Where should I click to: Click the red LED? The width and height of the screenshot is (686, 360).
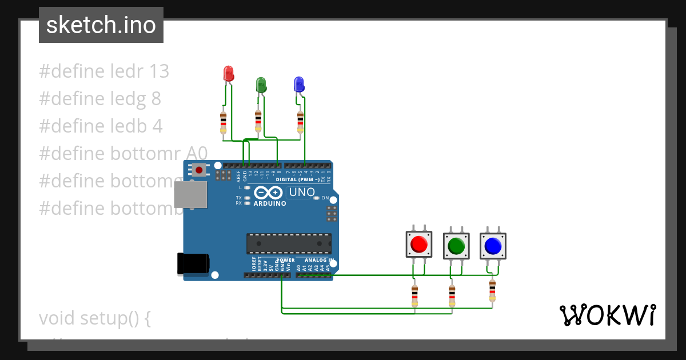click(228, 74)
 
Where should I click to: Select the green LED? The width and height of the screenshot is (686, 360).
click(261, 85)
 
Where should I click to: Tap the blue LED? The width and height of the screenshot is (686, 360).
click(298, 85)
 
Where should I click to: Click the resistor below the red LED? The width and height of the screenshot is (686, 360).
click(223, 123)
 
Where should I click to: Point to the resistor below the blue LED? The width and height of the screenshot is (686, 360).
click(301, 122)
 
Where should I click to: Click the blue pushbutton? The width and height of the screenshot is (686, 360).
click(492, 246)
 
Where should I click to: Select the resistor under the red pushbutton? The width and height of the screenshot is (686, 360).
click(414, 296)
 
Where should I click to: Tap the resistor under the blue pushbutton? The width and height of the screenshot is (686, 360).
click(492, 290)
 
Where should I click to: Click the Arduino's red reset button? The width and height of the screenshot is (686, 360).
click(199, 170)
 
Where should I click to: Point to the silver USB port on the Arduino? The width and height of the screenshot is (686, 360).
click(190, 194)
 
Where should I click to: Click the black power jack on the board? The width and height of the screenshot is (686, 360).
click(193, 263)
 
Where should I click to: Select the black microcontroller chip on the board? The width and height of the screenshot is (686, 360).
click(289, 243)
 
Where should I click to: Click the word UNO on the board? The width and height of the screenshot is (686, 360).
click(302, 193)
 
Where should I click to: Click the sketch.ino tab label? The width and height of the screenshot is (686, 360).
click(101, 25)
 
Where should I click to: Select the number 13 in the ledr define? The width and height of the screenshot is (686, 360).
click(159, 71)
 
